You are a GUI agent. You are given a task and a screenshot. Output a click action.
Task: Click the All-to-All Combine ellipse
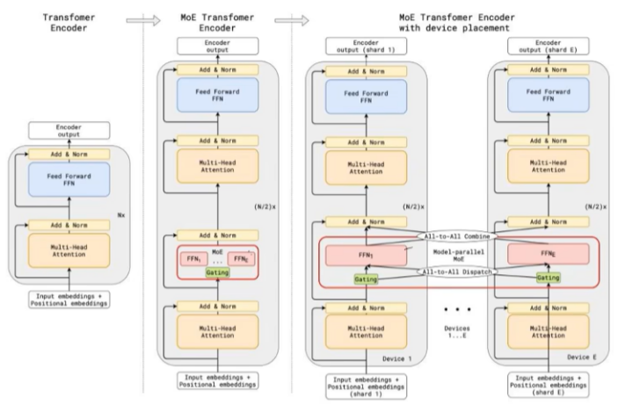click(x=457, y=236)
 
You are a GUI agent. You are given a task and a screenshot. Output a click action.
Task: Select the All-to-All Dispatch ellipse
click(x=457, y=271)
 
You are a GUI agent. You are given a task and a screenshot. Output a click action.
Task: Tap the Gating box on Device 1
click(x=366, y=279)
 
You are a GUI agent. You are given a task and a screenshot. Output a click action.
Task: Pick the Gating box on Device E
click(x=548, y=278)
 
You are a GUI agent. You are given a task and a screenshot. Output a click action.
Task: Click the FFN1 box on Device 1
click(x=366, y=256)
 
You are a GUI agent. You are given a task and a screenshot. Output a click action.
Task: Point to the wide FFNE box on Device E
click(x=549, y=254)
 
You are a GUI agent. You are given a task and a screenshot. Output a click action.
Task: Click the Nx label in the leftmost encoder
click(x=121, y=215)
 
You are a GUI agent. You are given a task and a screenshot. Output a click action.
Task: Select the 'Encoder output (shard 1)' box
click(x=366, y=47)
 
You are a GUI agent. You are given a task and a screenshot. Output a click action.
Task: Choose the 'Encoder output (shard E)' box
click(x=548, y=46)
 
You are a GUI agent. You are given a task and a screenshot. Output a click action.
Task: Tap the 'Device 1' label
click(x=396, y=359)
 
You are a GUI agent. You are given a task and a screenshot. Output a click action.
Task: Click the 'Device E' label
click(x=582, y=358)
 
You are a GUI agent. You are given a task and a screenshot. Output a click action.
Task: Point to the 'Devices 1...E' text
click(x=457, y=332)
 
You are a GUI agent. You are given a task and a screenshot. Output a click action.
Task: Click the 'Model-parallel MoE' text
click(x=458, y=256)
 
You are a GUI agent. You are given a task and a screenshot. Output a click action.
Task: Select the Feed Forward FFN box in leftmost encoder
click(x=69, y=179)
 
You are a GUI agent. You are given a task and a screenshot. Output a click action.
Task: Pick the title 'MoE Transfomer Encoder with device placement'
click(x=456, y=23)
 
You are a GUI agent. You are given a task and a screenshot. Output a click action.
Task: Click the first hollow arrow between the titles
click(x=143, y=20)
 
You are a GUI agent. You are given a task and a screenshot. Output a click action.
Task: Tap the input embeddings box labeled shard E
click(x=548, y=385)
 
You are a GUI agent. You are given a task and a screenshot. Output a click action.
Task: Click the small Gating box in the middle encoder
click(x=217, y=272)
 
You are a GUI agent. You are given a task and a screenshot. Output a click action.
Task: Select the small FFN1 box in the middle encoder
click(x=194, y=259)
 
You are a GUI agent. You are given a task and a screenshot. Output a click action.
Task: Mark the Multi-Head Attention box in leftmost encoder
click(x=69, y=250)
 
